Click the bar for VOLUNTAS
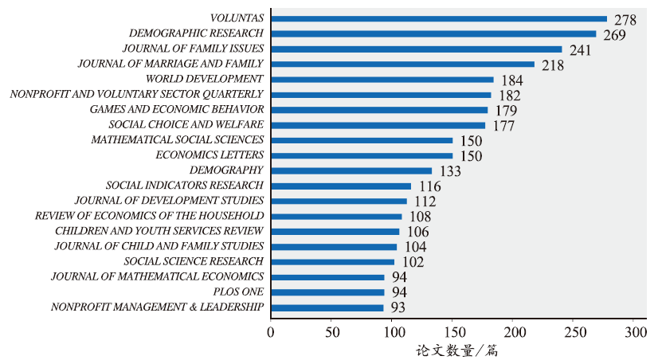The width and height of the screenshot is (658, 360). click(439, 18)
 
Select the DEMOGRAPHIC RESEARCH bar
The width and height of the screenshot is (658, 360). click(434, 33)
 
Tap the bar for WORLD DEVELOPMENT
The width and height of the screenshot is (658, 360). click(382, 79)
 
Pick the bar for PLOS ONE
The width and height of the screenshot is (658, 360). click(327, 292)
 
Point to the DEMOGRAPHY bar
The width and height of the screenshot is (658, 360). click(351, 170)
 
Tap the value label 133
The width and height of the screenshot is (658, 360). click(450, 172)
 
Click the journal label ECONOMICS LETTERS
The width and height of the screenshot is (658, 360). click(210, 155)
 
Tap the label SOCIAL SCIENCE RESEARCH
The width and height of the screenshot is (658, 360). click(194, 261)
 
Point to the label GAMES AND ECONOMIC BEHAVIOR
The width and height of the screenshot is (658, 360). click(177, 109)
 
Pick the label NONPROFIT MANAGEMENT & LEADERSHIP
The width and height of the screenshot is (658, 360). click(157, 307)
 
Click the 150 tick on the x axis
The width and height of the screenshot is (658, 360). click(452, 331)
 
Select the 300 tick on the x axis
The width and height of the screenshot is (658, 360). click(634, 331)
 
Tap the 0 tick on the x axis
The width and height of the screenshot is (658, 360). click(271, 331)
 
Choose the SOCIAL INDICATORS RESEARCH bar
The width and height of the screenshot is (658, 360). click(341, 186)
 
